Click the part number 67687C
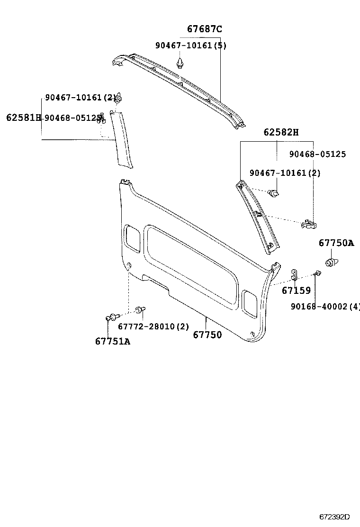coord(204,29)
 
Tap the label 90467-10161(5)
coord(191,45)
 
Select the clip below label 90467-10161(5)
coord(180,63)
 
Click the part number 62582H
coord(281,132)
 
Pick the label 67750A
coord(336,243)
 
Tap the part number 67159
coord(296,291)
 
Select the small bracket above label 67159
coord(294,274)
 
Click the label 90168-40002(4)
coord(325,307)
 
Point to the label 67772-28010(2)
coord(153,327)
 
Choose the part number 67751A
coord(112,341)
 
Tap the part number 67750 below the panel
coord(207,335)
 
